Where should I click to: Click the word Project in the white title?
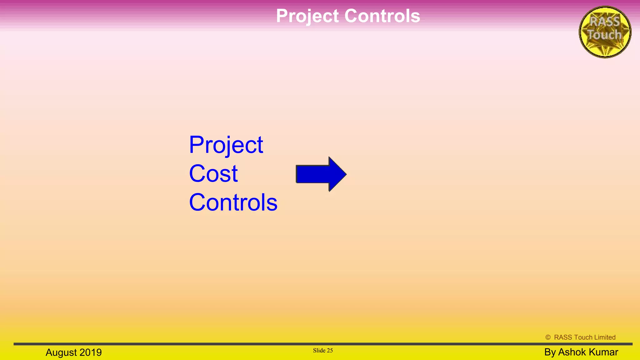coord(307,16)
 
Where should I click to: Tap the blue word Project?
coord(226,145)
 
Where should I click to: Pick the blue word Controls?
coord(233,202)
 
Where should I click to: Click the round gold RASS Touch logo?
coord(605,32)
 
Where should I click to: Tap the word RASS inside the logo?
coord(605,22)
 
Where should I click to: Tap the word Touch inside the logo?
coord(604,35)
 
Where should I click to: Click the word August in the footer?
coord(61,352)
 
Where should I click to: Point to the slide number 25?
coord(330,351)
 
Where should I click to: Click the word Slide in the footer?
coord(319,351)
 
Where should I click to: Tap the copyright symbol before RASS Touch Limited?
coord(548,337)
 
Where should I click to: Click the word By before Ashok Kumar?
coord(550,352)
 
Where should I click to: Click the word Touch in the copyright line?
coord(583,337)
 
